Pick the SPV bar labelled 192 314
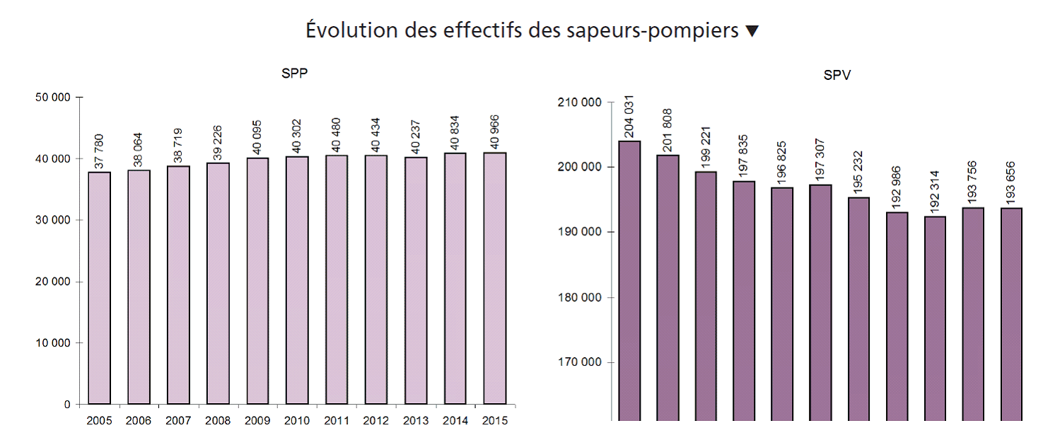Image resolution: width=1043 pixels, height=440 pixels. [935, 318]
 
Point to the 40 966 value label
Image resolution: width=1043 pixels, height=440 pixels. [495, 132]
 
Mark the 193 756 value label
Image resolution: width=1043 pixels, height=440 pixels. [973, 183]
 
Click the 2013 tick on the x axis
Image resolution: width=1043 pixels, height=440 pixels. [416, 420]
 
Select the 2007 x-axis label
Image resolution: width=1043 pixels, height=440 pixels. [178, 420]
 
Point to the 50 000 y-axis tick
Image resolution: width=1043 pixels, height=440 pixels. [53, 97]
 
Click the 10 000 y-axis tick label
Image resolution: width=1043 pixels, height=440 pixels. [53, 343]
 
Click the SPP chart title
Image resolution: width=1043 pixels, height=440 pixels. [295, 74]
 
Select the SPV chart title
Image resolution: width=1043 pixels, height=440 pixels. [838, 76]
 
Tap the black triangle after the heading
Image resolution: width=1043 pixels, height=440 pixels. [752, 31]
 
